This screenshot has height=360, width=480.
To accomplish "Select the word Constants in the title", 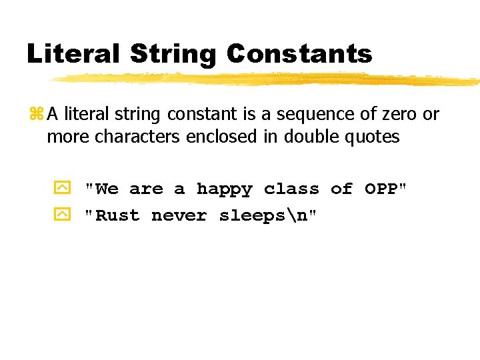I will (300, 53).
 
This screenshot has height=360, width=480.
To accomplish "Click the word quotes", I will (375, 137).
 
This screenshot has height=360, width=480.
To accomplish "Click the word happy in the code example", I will (224, 189).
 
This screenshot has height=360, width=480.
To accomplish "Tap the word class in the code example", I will (291, 189).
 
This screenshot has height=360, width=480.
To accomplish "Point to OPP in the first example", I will (381, 189).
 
